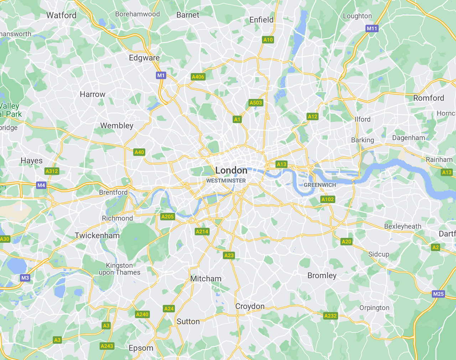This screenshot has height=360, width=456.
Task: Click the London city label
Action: click(231, 170)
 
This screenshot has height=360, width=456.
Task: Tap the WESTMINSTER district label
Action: click(226, 181)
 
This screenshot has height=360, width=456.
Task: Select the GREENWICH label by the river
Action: click(320, 185)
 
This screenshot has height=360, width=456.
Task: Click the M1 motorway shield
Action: click(161, 75)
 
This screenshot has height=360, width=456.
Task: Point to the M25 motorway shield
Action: click(438, 294)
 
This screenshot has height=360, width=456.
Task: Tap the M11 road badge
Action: click(372, 29)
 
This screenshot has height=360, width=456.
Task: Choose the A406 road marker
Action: click(198, 77)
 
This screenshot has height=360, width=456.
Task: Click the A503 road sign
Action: click(255, 103)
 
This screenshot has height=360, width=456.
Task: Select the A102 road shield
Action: click(327, 199)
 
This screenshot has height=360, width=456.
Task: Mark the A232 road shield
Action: click(330, 315)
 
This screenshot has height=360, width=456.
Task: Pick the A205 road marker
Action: click(167, 216)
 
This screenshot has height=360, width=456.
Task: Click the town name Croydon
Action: click(250, 306)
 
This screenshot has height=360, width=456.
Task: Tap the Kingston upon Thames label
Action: click(119, 269)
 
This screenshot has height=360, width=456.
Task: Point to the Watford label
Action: click(61, 15)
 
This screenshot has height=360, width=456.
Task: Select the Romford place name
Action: click(429, 98)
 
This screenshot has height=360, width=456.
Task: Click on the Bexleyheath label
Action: click(403, 226)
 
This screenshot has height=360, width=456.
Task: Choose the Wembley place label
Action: click(117, 125)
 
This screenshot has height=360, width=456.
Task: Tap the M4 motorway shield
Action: click(41, 185)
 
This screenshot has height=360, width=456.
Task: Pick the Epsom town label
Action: click(141, 348)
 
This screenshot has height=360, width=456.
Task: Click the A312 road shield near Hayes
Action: click(52, 171)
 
